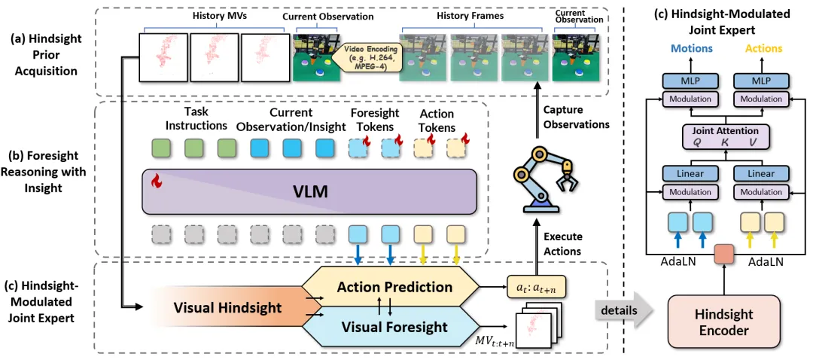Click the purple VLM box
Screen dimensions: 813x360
[x=309, y=191]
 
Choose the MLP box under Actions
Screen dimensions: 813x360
[x=761, y=81]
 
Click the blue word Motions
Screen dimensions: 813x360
[x=690, y=49]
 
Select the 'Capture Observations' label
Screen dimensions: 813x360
[x=575, y=117]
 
